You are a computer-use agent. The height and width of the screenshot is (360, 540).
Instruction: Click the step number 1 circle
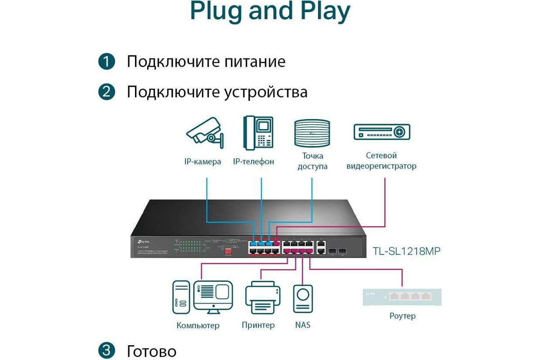click(107, 62)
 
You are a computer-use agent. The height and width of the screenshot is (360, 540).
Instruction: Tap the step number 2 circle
click(107, 92)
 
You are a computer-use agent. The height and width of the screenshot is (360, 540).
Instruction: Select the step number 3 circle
click(107, 351)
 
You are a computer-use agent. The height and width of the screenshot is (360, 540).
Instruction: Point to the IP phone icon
click(259, 132)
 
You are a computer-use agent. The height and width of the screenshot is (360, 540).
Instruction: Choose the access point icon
click(312, 133)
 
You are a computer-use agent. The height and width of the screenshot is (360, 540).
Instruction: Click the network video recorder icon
click(382, 131)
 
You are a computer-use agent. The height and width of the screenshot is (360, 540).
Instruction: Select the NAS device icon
click(303, 298)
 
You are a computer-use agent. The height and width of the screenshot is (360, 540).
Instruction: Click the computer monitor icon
click(212, 295)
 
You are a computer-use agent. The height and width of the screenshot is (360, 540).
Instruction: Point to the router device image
click(402, 297)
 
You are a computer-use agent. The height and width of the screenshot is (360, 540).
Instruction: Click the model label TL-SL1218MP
click(406, 251)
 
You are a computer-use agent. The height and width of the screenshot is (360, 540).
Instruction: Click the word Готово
click(152, 351)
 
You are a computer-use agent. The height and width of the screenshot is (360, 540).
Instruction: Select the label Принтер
click(258, 325)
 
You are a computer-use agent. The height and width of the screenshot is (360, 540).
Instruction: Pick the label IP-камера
click(202, 162)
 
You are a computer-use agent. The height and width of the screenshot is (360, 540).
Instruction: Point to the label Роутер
click(402, 316)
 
